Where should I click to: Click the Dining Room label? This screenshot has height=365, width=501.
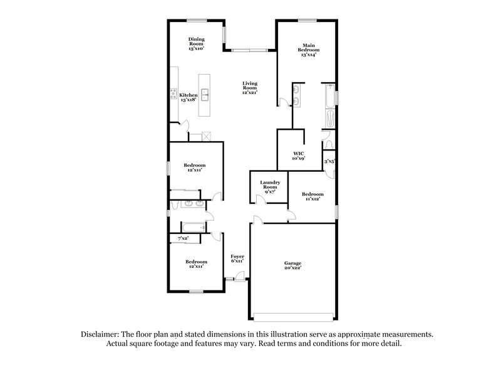coord(197,43)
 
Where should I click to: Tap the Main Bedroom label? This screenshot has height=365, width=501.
coord(308,50)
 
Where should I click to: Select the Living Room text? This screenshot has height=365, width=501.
coord(250,87)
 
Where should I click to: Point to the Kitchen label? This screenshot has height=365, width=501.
coord(189,97)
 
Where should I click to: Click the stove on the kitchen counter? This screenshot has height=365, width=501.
coord(173,96)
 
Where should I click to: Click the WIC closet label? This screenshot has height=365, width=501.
coord(298,156)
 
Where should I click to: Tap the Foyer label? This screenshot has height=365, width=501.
coord(237,258)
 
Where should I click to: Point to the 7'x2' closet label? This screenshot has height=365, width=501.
coord(183,239)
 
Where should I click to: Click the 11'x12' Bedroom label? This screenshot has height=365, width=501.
coord(312,196)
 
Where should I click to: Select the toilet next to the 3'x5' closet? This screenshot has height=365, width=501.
coord(328,145)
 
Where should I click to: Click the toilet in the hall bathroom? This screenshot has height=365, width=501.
coord(173,204)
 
